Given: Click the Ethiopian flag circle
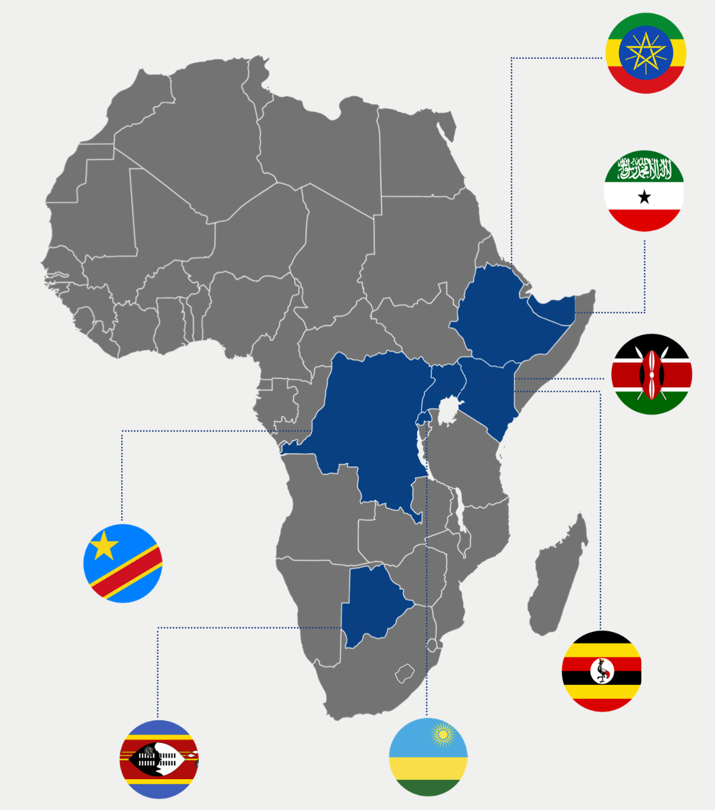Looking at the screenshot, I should (x=645, y=54).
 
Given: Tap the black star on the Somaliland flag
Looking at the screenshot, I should (x=644, y=197).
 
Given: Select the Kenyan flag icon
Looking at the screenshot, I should (x=651, y=374).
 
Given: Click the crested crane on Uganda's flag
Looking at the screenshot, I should (x=603, y=670).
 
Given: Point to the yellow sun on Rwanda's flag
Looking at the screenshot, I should (x=442, y=736).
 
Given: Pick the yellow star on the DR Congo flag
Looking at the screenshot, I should (x=104, y=546).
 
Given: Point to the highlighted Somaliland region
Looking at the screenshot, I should (x=556, y=308).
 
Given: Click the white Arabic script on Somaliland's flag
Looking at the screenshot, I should (x=644, y=169).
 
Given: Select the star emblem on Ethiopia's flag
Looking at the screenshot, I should (x=645, y=54).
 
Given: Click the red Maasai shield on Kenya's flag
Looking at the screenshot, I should (x=651, y=374).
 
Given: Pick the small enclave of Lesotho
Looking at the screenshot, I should (x=405, y=673).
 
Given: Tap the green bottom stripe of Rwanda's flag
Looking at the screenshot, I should (x=428, y=787).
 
